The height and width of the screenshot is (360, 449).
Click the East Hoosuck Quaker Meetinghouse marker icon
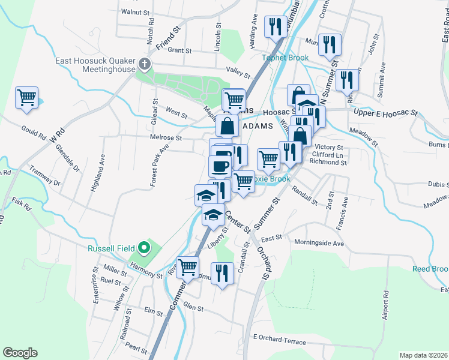pos(143,64)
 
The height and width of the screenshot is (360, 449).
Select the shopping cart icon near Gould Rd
pos(27,97)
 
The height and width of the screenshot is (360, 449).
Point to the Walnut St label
pos(134,11)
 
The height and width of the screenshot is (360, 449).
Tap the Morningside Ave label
pos(319,243)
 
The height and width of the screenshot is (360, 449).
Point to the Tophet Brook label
pos(285,58)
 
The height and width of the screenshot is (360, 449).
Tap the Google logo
pos(20,353)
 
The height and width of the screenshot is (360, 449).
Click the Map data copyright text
pos(423,355)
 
